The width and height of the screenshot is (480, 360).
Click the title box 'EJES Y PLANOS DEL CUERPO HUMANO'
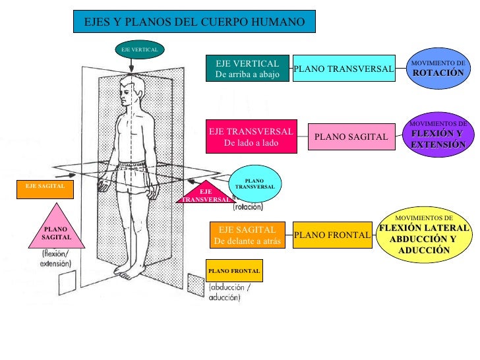(195, 22)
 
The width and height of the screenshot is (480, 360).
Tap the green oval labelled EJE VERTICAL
(139, 49)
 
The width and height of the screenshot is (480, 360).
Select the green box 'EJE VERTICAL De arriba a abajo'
(247, 69)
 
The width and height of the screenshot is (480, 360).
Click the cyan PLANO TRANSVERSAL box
(344, 69)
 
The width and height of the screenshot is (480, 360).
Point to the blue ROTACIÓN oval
(438, 69)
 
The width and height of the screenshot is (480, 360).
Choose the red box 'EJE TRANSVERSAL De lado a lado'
(251, 136)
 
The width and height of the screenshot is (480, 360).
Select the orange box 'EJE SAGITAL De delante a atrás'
(247, 235)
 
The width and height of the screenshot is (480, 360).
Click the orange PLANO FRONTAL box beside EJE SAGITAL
(332, 235)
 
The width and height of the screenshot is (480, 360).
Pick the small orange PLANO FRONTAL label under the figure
(234, 271)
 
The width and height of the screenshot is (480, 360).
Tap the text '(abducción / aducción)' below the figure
(229, 293)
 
